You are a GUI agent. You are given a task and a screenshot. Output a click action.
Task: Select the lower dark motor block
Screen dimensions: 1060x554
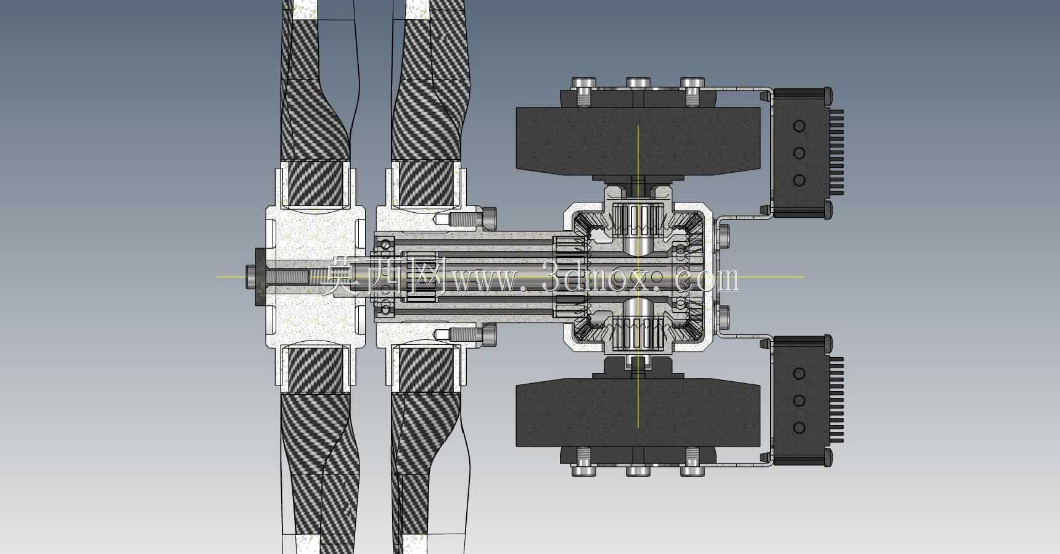point(638,412)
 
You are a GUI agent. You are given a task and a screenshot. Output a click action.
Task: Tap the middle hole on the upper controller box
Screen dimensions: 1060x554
point(799,153)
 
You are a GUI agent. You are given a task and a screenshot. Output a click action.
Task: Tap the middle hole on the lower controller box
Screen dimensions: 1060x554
point(799,400)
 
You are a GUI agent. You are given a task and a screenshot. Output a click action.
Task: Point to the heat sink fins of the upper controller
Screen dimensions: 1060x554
point(836,152)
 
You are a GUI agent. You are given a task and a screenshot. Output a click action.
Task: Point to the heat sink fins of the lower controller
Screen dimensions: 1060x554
point(836,400)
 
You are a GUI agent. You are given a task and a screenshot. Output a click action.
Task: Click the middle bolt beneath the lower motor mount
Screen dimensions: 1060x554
point(638,470)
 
